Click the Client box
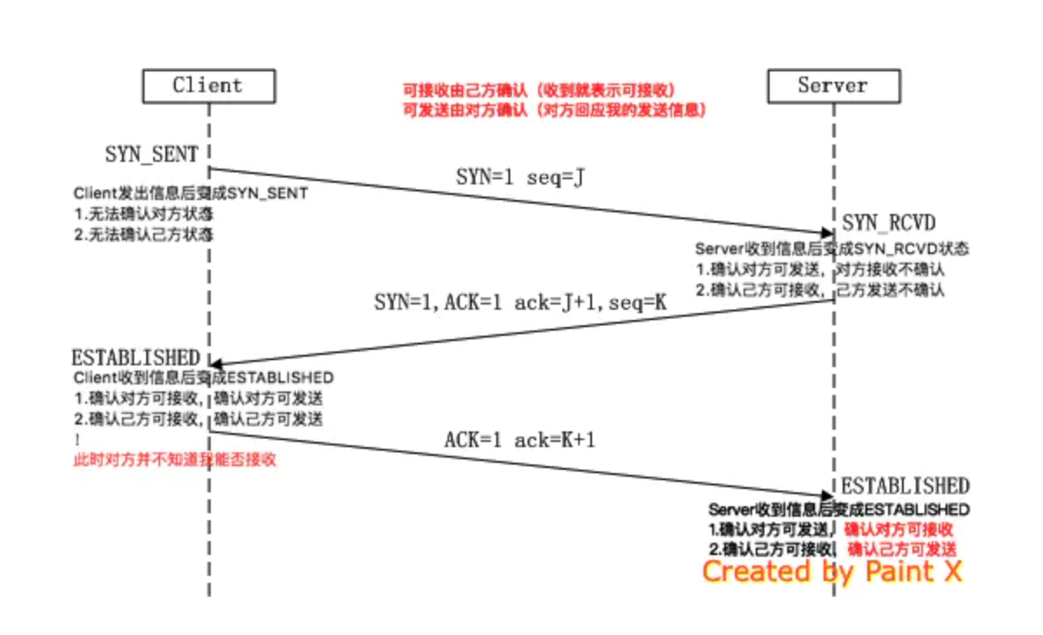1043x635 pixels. pyautogui.click(x=208, y=85)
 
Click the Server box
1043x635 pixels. pyautogui.click(x=833, y=85)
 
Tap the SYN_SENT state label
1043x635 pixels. pyautogui.click(x=151, y=154)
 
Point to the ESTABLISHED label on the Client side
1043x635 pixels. pyautogui.click(x=135, y=358)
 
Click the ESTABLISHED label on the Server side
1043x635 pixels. pyautogui.click(x=905, y=485)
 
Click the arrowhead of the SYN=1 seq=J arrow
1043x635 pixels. pyautogui.click(x=827, y=232)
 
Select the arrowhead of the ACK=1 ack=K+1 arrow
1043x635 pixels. pyautogui.click(x=827, y=495)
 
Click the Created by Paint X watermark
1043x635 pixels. pyautogui.click(x=831, y=571)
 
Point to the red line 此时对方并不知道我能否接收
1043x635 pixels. pyautogui.click(x=174, y=459)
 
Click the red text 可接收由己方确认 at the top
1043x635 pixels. pyautogui.click(x=539, y=90)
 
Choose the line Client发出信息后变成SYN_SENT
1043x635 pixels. pyautogui.click(x=190, y=193)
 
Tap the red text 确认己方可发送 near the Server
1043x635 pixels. pyautogui.click(x=902, y=549)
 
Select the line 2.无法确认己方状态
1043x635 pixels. pyautogui.click(x=143, y=234)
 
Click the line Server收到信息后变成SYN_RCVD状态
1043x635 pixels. pyautogui.click(x=831, y=249)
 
